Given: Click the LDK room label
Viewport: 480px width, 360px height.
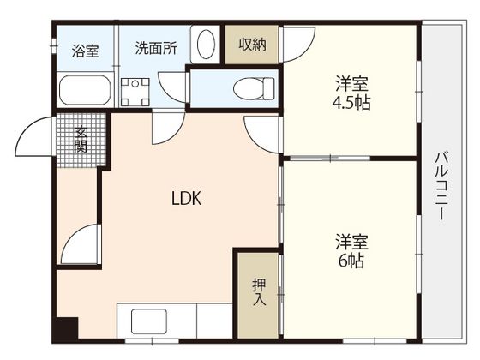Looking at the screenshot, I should click(x=185, y=200).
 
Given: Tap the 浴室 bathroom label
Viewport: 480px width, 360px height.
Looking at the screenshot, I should click(x=84, y=50).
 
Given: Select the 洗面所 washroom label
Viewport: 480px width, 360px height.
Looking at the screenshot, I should click(x=155, y=48).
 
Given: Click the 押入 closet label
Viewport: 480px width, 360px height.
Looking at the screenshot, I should click(x=259, y=292).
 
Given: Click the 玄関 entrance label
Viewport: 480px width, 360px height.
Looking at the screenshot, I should click(x=81, y=139).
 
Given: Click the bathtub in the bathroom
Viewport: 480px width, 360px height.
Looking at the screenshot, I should click(x=85, y=89).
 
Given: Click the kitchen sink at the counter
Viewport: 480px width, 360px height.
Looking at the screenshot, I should click(x=151, y=323).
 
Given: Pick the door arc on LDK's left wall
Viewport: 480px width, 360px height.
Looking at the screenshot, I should click(x=79, y=247).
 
